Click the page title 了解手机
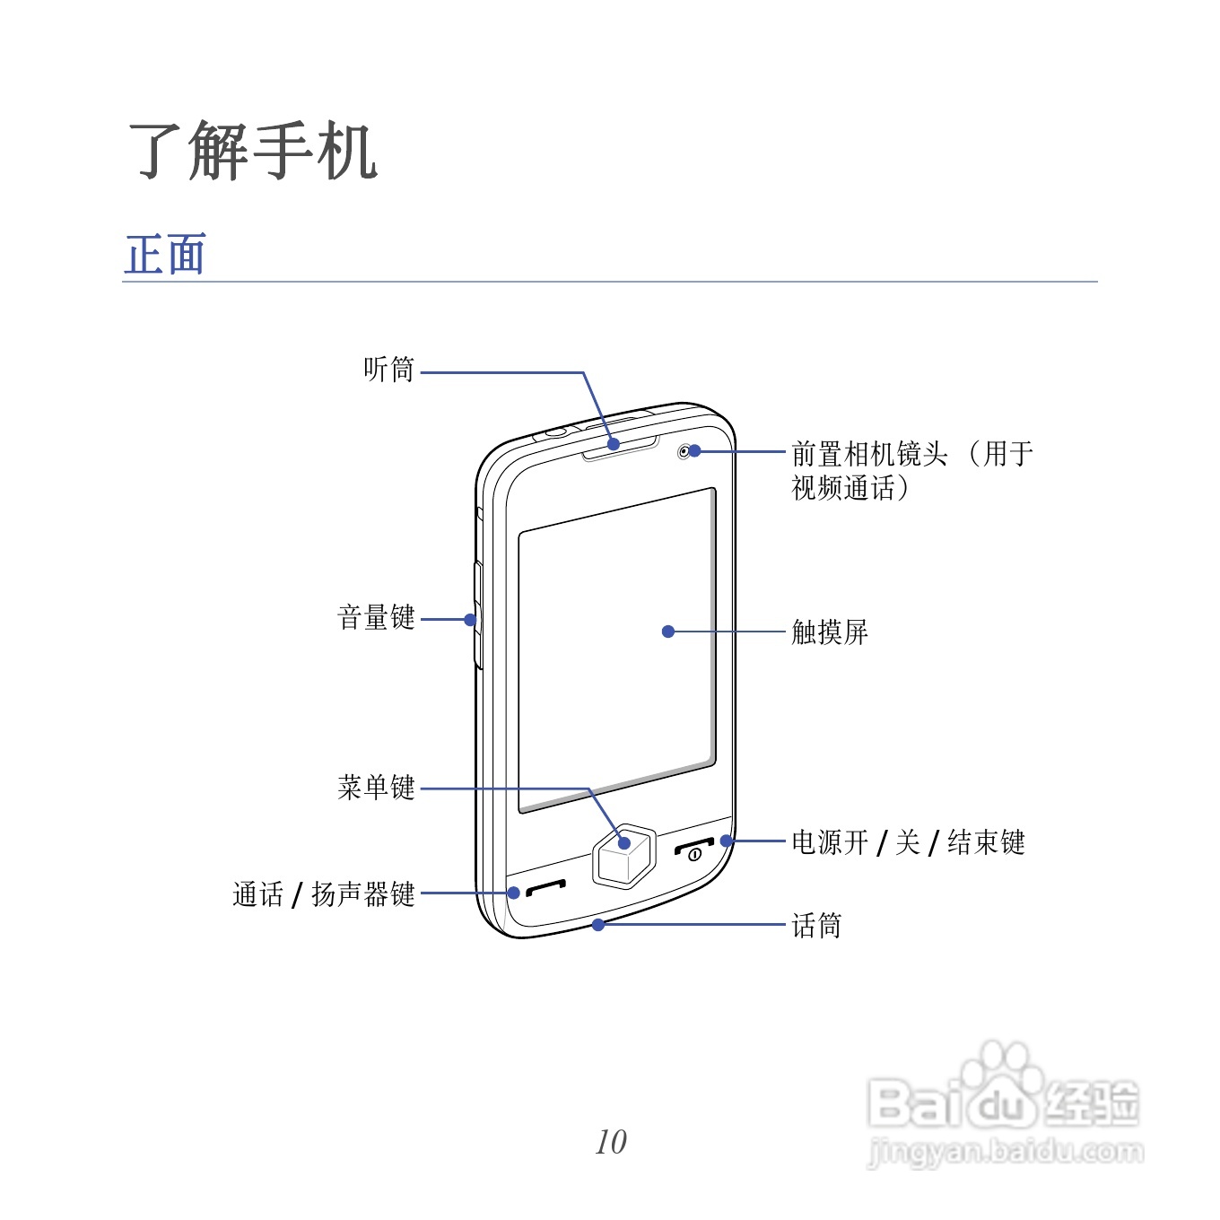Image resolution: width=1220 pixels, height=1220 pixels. point(253,151)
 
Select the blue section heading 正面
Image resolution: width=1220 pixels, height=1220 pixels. point(166,255)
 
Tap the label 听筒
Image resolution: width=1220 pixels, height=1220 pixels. point(388,370)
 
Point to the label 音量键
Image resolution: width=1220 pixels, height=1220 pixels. point(376,617)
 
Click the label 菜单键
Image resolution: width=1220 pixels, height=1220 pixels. point(376,788)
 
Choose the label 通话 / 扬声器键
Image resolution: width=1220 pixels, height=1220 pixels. point(323,893)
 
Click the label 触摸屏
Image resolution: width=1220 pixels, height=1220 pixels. point(830,632)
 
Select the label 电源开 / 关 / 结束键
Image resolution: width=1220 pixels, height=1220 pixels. point(908,842)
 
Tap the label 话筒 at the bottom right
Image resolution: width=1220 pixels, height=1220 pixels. point(816,925)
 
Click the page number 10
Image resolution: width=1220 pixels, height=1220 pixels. point(611,1142)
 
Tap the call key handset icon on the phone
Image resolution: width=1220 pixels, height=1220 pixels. point(545,888)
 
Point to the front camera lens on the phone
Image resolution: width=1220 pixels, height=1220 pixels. point(685,451)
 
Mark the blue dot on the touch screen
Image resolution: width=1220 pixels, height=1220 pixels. point(668,632)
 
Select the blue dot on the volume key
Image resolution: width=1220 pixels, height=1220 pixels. point(470,619)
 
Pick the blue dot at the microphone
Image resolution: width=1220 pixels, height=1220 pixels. point(598,924)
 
